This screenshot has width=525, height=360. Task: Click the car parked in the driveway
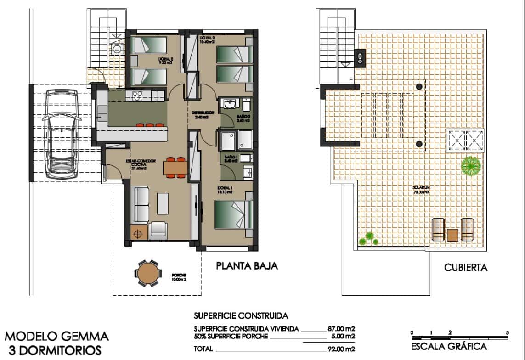60,134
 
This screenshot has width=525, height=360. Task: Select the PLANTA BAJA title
247,266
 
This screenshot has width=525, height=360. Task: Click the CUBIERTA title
465,268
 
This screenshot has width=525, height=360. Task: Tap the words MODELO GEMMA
57,337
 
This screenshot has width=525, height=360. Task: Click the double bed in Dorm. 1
234,214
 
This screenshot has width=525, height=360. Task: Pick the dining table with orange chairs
175,168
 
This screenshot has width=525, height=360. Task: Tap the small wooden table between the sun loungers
453,235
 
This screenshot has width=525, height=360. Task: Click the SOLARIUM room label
418,188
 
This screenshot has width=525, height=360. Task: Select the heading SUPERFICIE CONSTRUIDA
241,316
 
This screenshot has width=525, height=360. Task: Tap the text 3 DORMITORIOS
53,351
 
